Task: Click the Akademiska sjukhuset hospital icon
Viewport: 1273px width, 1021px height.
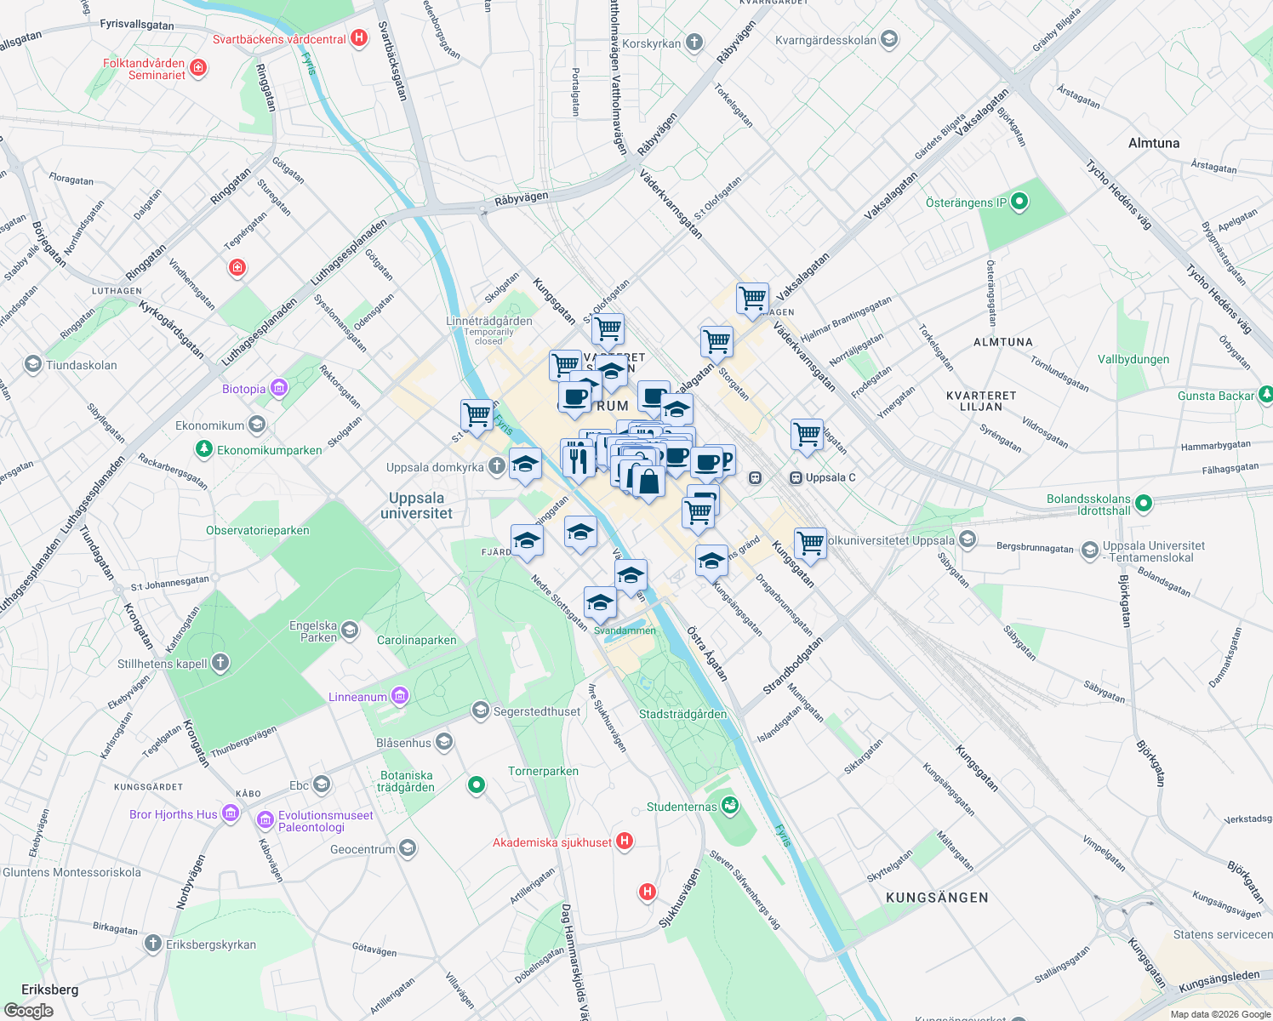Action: click(625, 841)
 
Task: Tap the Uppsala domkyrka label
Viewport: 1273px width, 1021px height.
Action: click(435, 467)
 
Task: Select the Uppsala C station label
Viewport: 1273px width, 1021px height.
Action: click(830, 477)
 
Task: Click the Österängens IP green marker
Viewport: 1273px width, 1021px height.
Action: click(1019, 202)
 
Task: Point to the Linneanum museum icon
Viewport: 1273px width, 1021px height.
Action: click(400, 697)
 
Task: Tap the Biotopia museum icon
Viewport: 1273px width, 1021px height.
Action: click(278, 389)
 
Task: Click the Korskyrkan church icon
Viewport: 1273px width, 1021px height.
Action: click(694, 43)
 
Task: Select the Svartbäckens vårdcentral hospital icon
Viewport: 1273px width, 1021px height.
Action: click(359, 38)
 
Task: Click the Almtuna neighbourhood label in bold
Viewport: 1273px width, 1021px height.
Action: click(1153, 143)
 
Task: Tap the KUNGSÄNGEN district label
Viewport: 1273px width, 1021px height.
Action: click(937, 898)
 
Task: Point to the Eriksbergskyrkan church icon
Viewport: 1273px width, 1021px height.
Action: click(153, 944)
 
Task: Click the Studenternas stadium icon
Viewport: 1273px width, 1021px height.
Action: click(729, 805)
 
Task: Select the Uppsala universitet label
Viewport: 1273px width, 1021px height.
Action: click(416, 505)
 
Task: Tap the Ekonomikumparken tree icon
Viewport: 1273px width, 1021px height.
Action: click(203, 448)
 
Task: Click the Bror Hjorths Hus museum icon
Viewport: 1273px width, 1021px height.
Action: click(231, 813)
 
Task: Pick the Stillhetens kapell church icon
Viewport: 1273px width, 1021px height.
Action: click(220, 663)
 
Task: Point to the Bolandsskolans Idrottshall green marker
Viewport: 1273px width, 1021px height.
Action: click(1144, 504)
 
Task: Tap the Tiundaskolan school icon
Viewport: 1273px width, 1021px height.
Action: click(32, 365)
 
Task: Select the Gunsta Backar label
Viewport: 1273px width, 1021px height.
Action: click(1215, 396)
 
